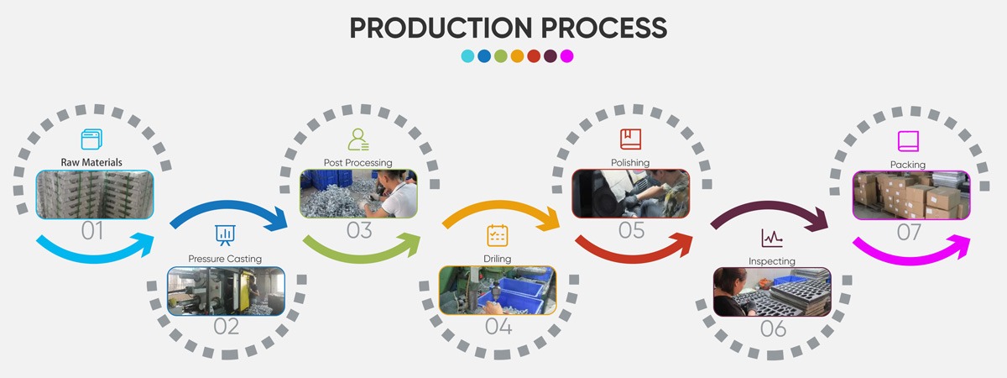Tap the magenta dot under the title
click(567, 56)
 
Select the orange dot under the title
click(517, 56)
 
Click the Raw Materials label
click(91, 162)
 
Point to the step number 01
click(92, 231)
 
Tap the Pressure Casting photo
click(226, 291)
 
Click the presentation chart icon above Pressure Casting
click(225, 235)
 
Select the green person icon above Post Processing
click(358, 139)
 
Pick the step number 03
click(359, 230)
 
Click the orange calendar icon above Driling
click(497, 235)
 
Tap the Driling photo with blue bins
click(497, 291)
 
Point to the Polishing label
click(630, 162)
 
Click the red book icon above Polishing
click(631, 139)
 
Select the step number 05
click(632, 230)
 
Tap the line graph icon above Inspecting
click(772, 238)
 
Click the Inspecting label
click(772, 261)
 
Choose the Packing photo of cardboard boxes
click(911, 195)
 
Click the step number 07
click(909, 232)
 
